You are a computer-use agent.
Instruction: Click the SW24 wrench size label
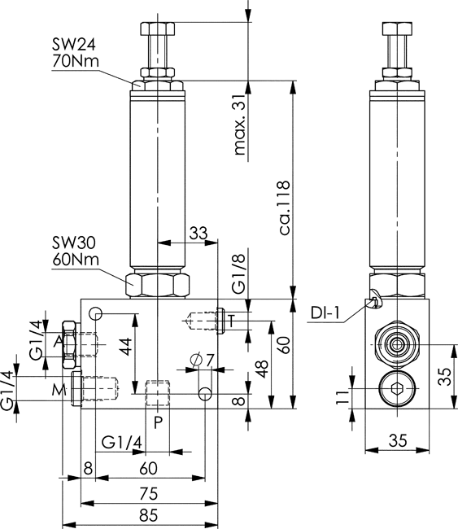point(74,44)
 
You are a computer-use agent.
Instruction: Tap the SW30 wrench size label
point(74,243)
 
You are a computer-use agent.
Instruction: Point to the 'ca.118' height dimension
point(284,208)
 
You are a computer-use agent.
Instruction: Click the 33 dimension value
point(198,233)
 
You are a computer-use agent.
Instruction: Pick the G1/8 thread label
point(239,273)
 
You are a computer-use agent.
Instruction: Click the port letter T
point(231,321)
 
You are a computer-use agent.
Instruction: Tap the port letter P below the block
point(158,422)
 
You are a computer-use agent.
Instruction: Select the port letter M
point(59,391)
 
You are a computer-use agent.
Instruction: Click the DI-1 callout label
point(325,313)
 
